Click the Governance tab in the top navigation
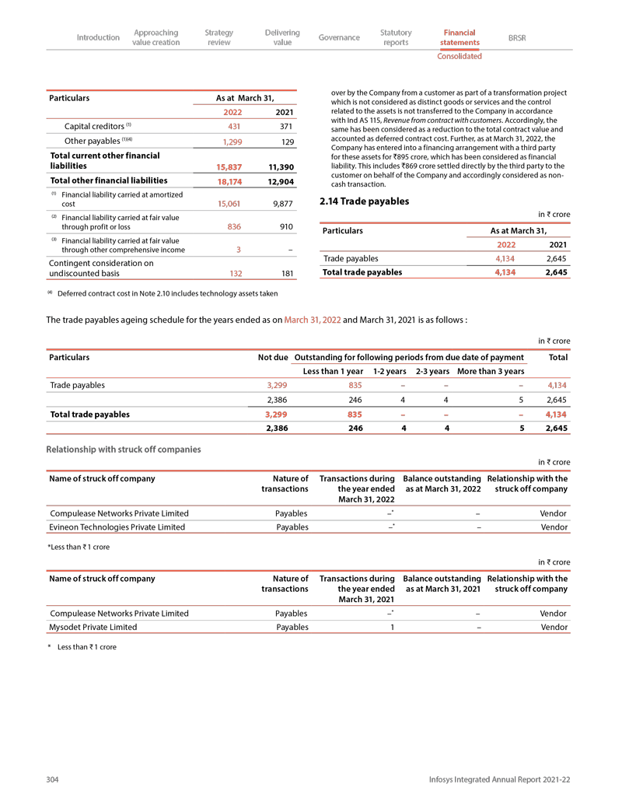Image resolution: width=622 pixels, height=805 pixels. click(339, 37)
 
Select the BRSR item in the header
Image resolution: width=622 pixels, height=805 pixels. click(516, 37)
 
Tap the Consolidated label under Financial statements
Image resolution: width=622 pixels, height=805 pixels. click(459, 56)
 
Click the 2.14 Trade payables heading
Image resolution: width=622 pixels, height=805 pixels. click(364, 201)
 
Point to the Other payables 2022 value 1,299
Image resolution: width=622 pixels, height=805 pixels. click(231, 142)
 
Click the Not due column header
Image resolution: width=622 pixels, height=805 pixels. click(273, 357)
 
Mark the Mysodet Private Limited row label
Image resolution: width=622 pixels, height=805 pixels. click(93, 627)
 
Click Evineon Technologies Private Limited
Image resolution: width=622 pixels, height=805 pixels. click(117, 527)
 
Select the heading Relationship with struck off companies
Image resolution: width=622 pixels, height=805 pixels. click(124, 450)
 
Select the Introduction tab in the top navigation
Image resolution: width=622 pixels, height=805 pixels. click(98, 37)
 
